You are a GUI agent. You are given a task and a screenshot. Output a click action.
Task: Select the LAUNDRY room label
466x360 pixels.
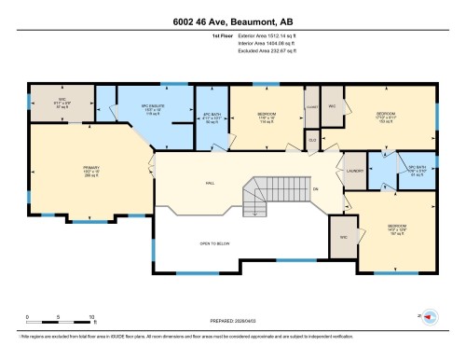[x=354, y=171]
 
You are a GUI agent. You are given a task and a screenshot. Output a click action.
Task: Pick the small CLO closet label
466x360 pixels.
[x=312, y=139]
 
